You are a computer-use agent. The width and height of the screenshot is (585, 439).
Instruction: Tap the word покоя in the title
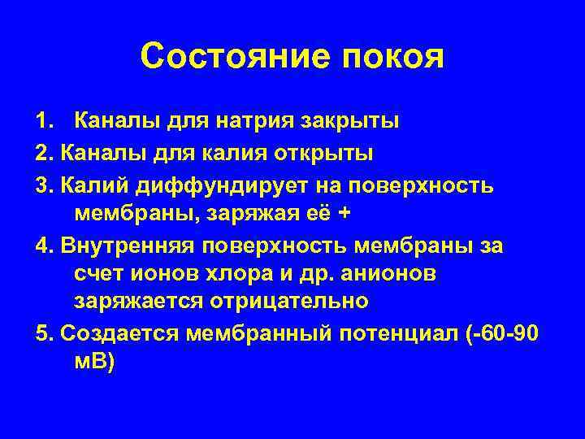pyautogui.click(x=392, y=58)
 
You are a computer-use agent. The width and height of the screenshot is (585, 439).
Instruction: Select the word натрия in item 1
pyautogui.click(x=247, y=123)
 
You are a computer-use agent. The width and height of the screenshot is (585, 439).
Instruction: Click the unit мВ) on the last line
pyautogui.click(x=95, y=361)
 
